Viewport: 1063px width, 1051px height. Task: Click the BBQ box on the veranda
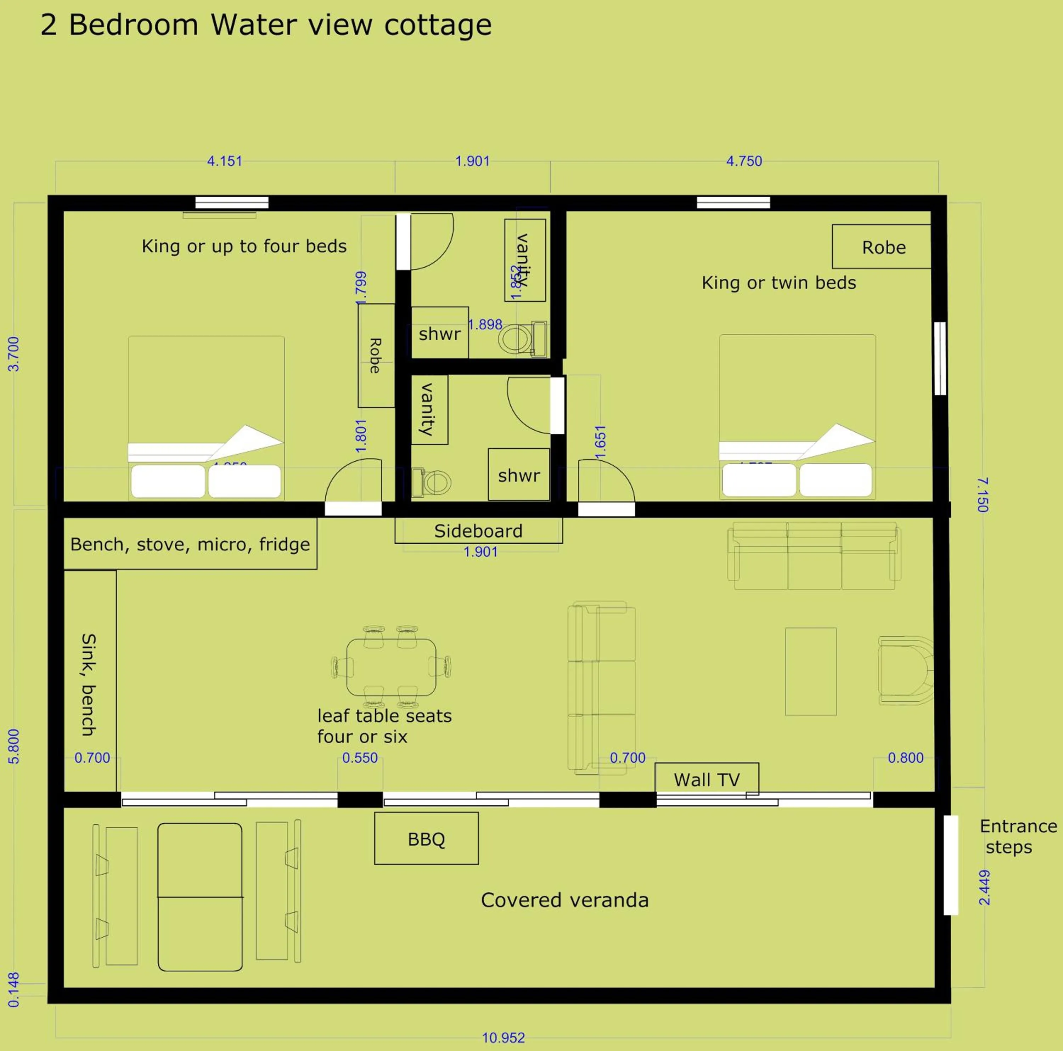[426, 839]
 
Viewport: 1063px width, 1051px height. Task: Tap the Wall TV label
[707, 779]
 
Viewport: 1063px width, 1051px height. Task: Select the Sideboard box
[478, 531]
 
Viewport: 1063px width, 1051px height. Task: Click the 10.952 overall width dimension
[504, 1038]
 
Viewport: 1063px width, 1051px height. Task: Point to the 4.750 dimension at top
[744, 161]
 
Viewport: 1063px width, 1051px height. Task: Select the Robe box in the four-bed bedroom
[376, 355]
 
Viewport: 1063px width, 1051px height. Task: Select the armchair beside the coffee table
[904, 670]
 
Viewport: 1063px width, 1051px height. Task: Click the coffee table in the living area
[810, 671]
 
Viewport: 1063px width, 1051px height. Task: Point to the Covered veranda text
[564, 900]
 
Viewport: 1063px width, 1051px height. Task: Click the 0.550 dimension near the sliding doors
[360, 758]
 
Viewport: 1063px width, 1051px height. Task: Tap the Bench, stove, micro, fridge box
[190, 544]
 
